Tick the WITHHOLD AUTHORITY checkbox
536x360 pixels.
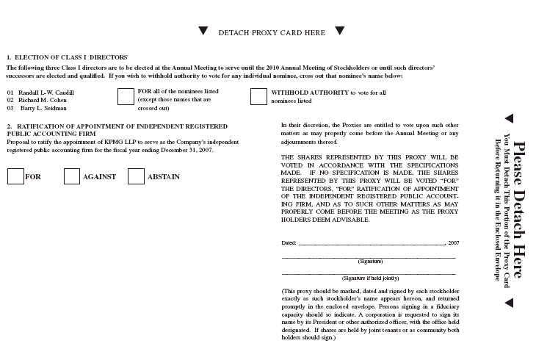click(258, 97)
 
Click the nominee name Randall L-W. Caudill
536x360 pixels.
click(42, 93)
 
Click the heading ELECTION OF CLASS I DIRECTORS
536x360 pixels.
click(70, 57)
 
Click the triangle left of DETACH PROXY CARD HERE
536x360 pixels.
click(203, 31)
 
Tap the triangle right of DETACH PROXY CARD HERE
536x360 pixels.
click(339, 31)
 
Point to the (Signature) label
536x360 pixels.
click(369, 262)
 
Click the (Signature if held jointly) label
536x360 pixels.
click(369, 278)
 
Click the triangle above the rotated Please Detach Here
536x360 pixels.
click(508, 118)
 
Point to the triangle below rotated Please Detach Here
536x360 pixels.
click(508, 302)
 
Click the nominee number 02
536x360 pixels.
click(10, 100)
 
